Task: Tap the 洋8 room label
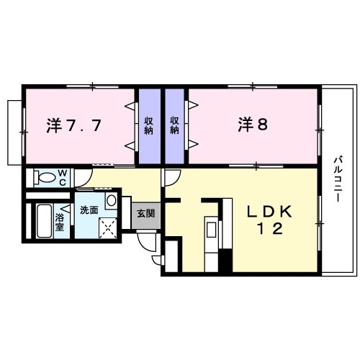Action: pos(253,125)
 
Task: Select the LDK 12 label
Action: pos(270,220)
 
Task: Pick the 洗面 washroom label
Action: pos(90,210)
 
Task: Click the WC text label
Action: pos(63,177)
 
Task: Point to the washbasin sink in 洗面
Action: pos(112,199)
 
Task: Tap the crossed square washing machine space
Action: pos(107,228)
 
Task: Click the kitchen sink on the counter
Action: pos(211,230)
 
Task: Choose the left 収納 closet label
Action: pos(149,125)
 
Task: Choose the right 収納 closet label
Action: pos(176,125)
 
